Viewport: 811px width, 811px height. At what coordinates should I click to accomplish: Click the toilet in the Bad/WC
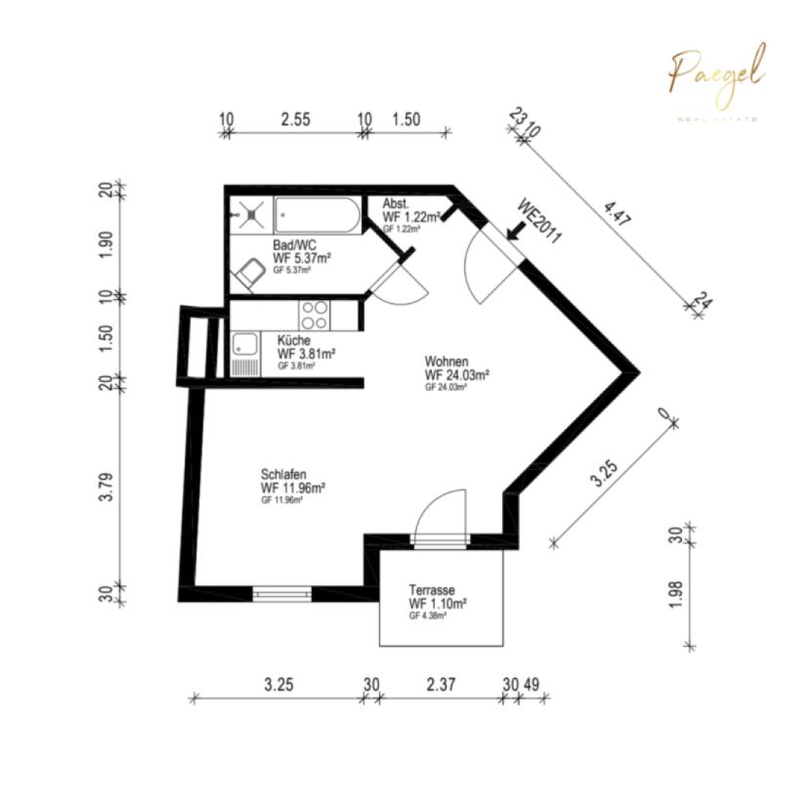pyautogui.click(x=250, y=275)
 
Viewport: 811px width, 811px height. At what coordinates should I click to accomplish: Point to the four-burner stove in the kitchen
pyautogui.click(x=315, y=315)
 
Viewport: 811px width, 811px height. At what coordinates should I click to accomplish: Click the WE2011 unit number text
pyautogui.click(x=539, y=222)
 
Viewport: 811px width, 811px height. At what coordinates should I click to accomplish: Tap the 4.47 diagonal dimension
pyautogui.click(x=618, y=213)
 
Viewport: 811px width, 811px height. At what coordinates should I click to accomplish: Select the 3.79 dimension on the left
pyautogui.click(x=108, y=487)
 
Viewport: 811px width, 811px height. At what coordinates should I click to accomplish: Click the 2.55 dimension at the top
pyautogui.click(x=295, y=119)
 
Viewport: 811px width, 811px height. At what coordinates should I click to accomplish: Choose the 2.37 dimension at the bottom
pyautogui.click(x=441, y=685)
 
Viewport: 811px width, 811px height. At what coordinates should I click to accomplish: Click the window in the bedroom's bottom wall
pyautogui.click(x=281, y=592)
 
